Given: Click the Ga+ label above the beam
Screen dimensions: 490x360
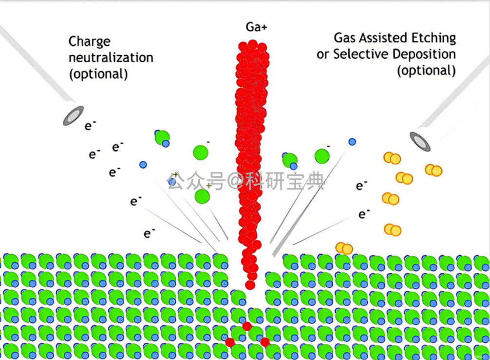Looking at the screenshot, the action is tap(256, 27).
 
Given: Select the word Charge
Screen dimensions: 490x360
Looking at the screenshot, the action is tap(89, 42).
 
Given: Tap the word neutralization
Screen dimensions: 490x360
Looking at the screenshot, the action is tap(111, 57).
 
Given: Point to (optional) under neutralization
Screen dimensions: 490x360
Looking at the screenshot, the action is tap(98, 75).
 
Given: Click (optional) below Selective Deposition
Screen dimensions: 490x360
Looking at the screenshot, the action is tap(426, 71).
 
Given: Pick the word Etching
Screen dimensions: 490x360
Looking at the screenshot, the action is tap(433, 38).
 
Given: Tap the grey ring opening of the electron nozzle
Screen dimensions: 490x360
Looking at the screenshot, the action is tap(73, 115).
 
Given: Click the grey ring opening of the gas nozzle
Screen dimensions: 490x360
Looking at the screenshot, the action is tap(420, 142).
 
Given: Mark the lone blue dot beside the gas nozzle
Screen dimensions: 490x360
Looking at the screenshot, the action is tap(352, 142).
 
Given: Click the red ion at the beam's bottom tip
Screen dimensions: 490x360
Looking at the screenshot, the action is tap(250, 285).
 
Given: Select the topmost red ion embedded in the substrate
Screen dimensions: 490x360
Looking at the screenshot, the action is tap(247, 326).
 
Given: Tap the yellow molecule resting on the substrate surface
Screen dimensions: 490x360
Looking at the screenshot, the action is tap(344, 248).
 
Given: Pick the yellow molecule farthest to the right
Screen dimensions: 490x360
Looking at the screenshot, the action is tap(433, 171).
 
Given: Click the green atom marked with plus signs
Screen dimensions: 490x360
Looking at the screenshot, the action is tap(202, 196).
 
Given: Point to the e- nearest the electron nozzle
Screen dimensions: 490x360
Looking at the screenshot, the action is tap(90, 125).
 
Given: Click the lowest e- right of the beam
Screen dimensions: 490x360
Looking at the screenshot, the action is tap(364, 214).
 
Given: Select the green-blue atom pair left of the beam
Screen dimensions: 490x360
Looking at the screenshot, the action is tap(162, 138).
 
